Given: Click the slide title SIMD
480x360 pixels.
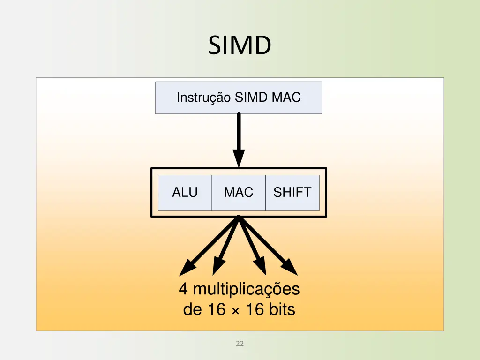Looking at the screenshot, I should coord(240,45).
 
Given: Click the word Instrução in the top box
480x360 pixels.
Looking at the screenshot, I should coord(203,97).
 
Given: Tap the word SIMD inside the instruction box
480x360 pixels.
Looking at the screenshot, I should coord(251,97).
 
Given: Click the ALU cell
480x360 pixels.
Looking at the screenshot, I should coord(185,193).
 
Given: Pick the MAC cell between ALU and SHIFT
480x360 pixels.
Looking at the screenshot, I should coord(239,193).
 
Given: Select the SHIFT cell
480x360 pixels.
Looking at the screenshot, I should coord(292,193).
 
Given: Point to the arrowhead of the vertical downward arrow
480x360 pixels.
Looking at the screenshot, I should coord(239,159).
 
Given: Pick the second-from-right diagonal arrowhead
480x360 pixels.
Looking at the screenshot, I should coord(260,268).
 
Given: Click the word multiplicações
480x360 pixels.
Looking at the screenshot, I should coord(246,289).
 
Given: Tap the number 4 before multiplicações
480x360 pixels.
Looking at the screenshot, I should coord(183,289).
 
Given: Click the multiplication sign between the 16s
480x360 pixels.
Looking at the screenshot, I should coord(235,311).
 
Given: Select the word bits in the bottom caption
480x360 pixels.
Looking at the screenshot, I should coord(282,310).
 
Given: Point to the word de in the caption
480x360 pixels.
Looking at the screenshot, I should coord(192,310).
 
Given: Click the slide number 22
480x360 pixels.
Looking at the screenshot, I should coord(240,344).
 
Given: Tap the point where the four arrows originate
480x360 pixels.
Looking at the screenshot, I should coord(239,217).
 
